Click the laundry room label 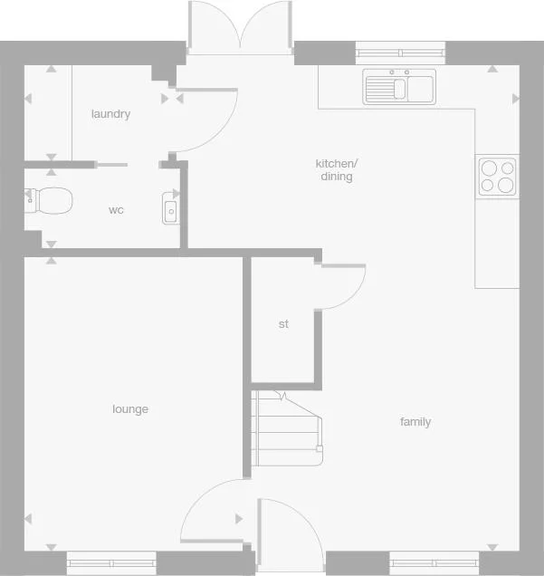pyautogui.click(x=110, y=114)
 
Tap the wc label pyautogui.click(x=116, y=210)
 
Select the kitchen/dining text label pyautogui.click(x=337, y=170)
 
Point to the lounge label pyautogui.click(x=130, y=409)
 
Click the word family pyautogui.click(x=415, y=422)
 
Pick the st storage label pyautogui.click(x=283, y=324)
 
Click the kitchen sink pyautogui.click(x=399, y=88)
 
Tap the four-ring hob pyautogui.click(x=497, y=176)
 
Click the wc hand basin pyautogui.click(x=171, y=208)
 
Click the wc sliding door pyautogui.click(x=111, y=165)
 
